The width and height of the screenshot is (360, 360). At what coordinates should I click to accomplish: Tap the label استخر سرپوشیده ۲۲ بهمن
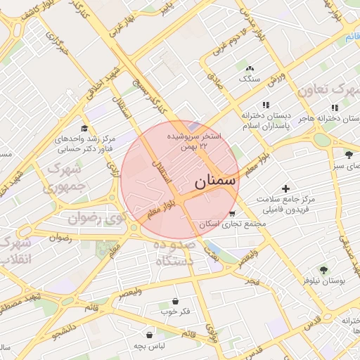193,140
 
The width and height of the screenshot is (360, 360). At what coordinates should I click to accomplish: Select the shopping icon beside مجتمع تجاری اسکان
233,214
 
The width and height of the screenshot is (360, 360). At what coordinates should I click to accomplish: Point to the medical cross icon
285,188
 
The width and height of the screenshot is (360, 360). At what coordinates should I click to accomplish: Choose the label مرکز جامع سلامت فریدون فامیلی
285,205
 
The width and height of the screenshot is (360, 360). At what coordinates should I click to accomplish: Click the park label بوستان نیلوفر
323,281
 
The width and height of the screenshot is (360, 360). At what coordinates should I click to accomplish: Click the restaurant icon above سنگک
250,69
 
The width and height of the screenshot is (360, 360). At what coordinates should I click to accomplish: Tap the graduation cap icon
84,128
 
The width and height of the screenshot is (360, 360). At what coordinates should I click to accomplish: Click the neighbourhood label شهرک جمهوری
63,179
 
